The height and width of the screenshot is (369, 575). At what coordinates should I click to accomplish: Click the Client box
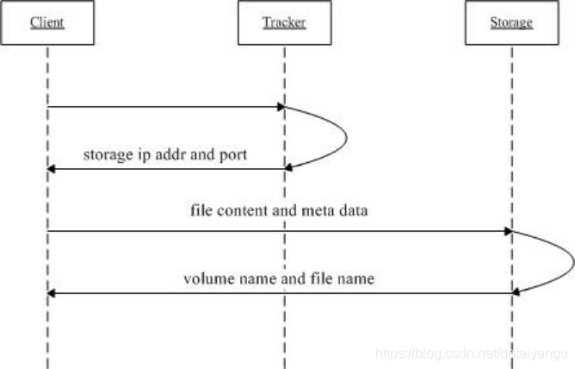pos(47,23)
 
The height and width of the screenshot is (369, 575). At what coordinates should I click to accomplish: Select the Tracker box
pos(284,23)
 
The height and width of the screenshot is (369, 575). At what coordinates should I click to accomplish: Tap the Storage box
pos(511,23)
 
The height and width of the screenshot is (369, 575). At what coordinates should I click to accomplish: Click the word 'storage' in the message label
pos(107,156)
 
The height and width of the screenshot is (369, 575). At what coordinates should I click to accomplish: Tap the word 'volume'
pos(205,279)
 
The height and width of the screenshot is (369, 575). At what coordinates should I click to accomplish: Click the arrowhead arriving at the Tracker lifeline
pos(280,107)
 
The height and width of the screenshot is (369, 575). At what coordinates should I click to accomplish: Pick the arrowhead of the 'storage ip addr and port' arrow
pos(53,169)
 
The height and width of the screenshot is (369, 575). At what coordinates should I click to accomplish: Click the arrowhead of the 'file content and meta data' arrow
pos(507,231)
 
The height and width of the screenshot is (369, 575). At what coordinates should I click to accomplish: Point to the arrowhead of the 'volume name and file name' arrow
pos(53,293)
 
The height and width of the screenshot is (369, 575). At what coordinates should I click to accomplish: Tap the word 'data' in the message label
pos(355,210)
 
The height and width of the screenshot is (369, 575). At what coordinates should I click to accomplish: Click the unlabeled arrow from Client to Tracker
pos(164,107)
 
